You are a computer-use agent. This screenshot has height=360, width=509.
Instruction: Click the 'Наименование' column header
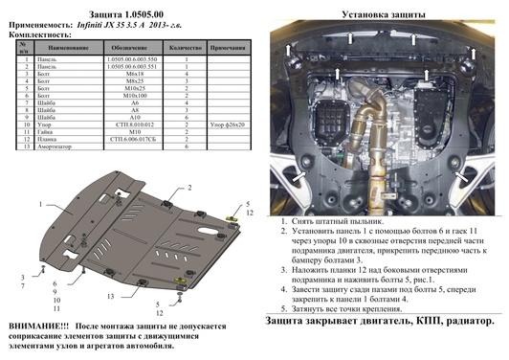[66, 46]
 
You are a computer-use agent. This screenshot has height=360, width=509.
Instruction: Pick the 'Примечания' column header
[230, 46]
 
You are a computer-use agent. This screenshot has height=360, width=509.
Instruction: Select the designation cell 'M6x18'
[127, 73]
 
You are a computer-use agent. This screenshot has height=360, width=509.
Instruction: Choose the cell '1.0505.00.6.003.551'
[127, 65]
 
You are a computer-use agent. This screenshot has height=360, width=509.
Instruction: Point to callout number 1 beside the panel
[41, 205]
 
